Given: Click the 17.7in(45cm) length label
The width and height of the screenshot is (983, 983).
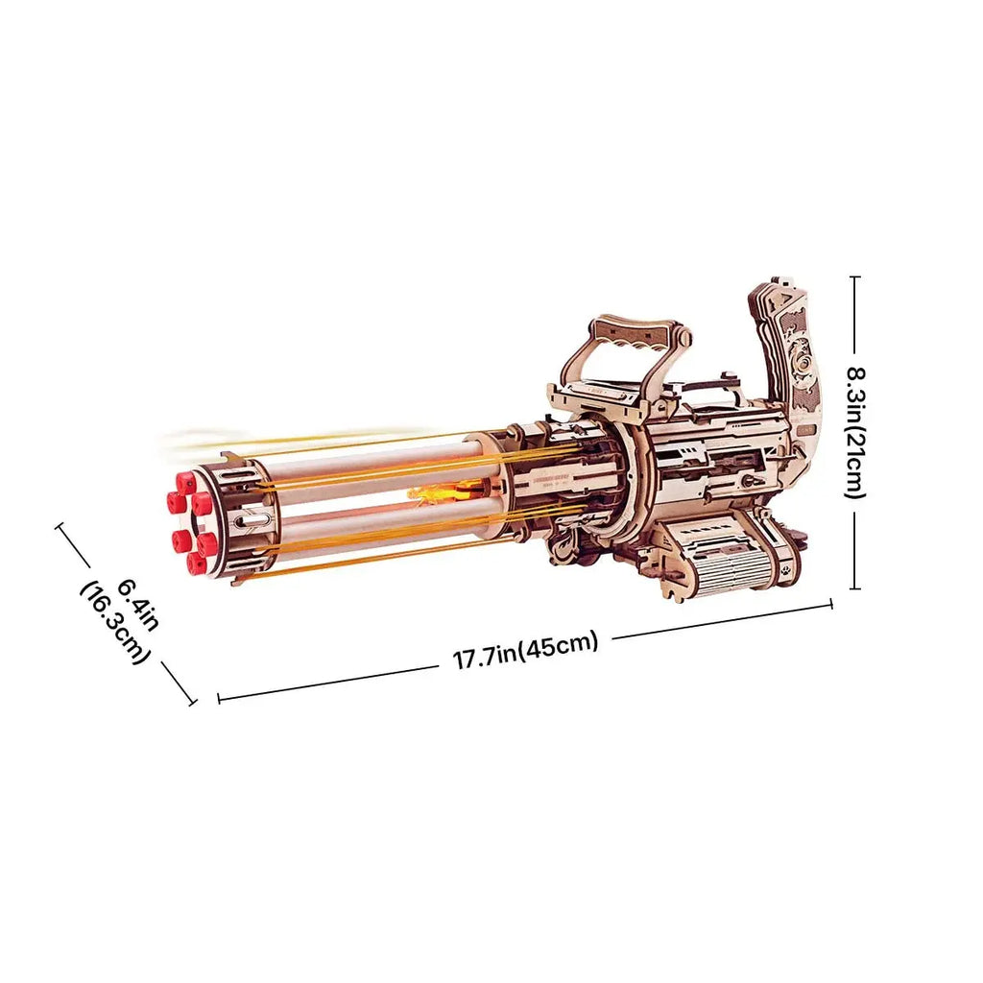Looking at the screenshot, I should [x=525, y=652].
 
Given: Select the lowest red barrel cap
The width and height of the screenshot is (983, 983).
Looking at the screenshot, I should [x=200, y=563].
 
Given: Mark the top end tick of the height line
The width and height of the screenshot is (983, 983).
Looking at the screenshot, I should [x=854, y=277].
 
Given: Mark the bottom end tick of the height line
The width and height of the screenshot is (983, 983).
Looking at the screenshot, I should [x=854, y=587].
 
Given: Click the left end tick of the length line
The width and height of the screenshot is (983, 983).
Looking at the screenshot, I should [x=219, y=698].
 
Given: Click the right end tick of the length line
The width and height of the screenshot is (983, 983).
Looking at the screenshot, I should [x=831, y=605].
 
